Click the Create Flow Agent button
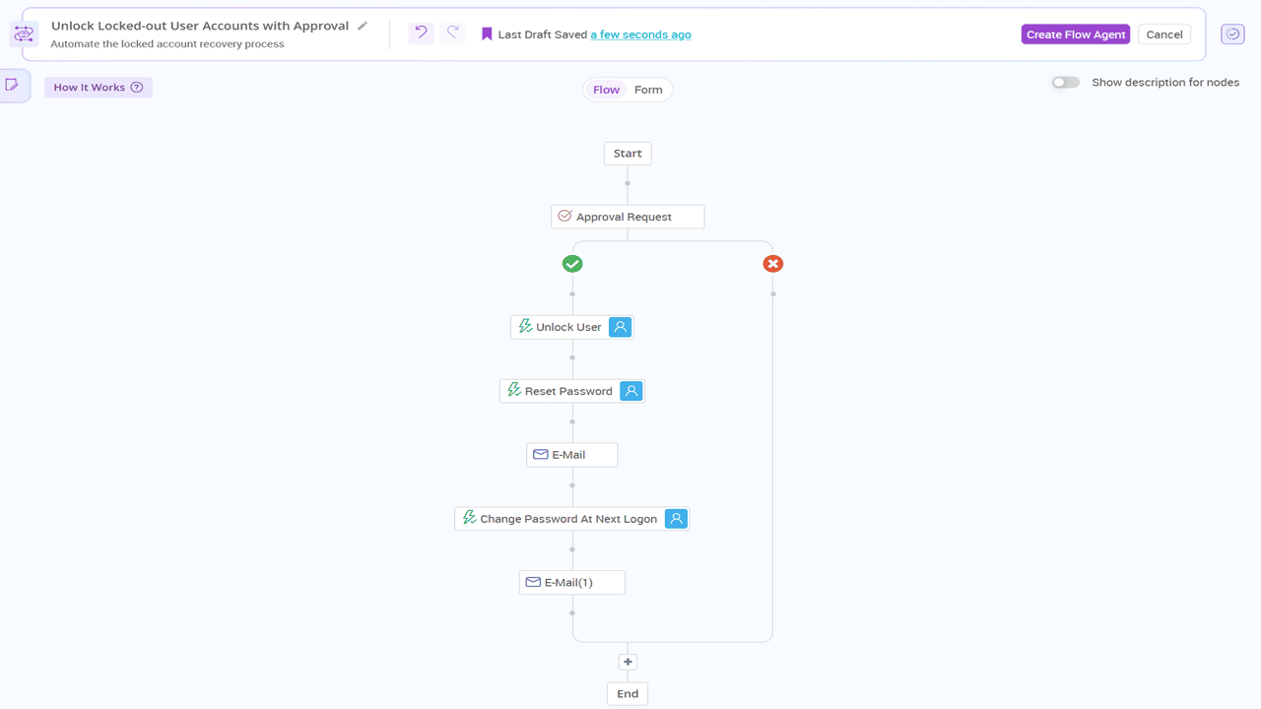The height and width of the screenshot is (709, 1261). point(1075,34)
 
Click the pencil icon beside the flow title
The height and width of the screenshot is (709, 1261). point(363,26)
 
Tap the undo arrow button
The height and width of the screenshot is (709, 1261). point(421,33)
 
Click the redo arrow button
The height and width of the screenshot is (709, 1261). point(453,33)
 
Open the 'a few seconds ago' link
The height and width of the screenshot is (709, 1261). point(640,34)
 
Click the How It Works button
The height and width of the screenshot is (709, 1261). point(98,88)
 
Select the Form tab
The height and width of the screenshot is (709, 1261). point(648,90)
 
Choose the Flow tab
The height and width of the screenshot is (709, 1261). point(606,90)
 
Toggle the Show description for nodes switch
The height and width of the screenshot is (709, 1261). point(1065,83)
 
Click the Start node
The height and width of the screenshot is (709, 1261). point(628,154)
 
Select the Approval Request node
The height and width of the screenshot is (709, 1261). point(628,217)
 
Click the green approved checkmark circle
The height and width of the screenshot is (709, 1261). point(572,264)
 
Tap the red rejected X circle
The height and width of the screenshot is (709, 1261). point(773,264)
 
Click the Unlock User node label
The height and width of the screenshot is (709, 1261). point(567,327)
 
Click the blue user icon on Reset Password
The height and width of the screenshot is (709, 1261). point(631,391)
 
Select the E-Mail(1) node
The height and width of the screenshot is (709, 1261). point(571,582)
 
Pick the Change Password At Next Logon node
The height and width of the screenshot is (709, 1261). point(567,519)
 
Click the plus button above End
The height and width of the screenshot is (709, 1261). point(628,662)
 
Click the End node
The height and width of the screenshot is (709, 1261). point(628,693)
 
